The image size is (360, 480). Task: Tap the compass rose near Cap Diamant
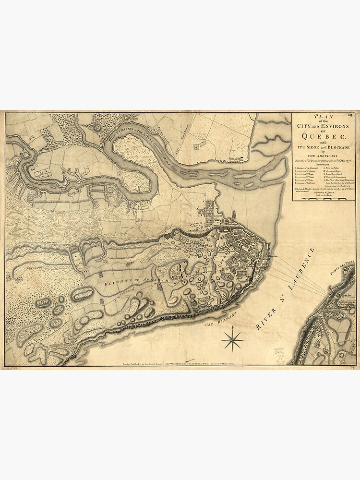point(233,339)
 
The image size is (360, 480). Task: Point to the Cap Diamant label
point(216,325)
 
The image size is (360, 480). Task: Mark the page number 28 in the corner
point(352,115)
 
